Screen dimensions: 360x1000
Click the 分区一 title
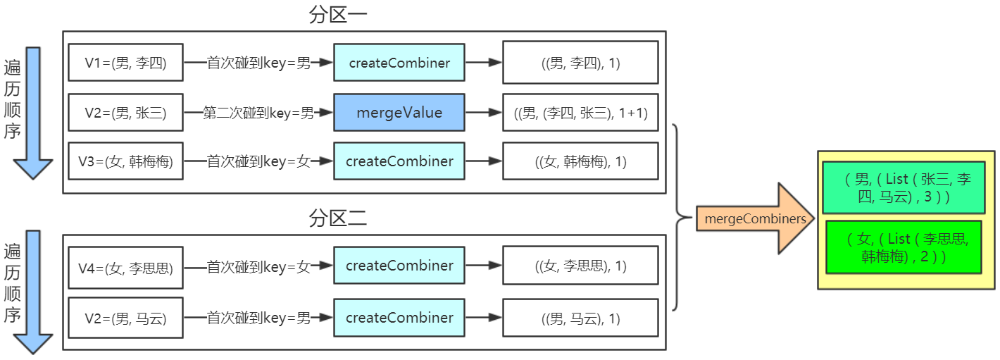(x=338, y=15)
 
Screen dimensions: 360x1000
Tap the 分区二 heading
(x=338, y=219)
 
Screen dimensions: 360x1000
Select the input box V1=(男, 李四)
(x=125, y=63)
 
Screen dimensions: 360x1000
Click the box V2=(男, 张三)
(x=125, y=112)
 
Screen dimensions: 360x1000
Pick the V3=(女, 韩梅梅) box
(x=125, y=161)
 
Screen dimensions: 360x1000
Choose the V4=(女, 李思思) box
(x=125, y=266)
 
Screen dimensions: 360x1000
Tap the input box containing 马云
(x=125, y=318)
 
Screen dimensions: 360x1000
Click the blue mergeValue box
(x=399, y=112)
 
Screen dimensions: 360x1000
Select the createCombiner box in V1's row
(x=399, y=63)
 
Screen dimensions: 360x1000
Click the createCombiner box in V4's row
(x=399, y=266)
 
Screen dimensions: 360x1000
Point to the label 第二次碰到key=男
(x=258, y=112)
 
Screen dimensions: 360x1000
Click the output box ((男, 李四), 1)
(x=580, y=63)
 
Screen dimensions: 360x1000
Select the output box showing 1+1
(x=580, y=112)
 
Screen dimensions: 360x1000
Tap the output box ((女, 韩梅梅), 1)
(x=580, y=161)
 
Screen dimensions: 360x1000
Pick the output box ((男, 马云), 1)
(x=580, y=318)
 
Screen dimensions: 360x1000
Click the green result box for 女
(x=903, y=247)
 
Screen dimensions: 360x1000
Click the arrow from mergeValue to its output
(x=484, y=112)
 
